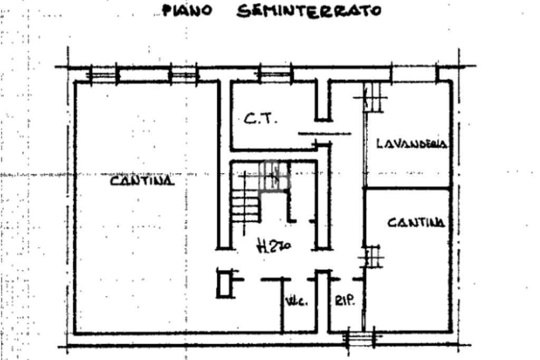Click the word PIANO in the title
tap(188, 11)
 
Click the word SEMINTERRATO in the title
tap(308, 11)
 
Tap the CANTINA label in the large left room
tap(142, 181)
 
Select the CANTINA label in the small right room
tap(416, 223)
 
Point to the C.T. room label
tap(259, 120)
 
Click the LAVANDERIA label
tap(412, 144)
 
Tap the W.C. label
tap(295, 302)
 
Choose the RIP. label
tap(345, 301)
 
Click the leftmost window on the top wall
tap(103, 74)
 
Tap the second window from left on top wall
tap(183, 74)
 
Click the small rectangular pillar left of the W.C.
tap(224, 283)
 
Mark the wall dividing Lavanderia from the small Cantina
tap(407, 188)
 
